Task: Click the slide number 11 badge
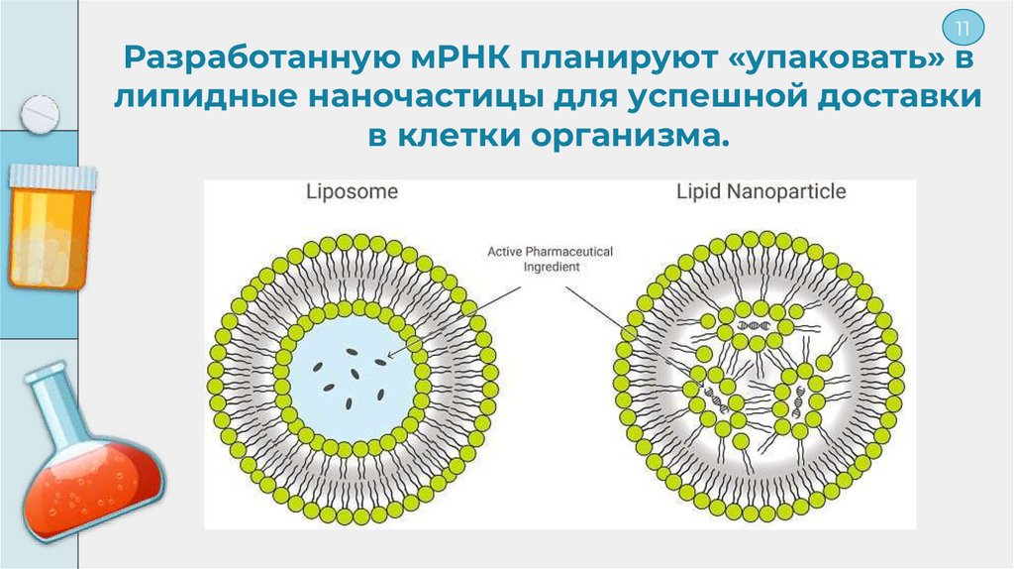pos(961,27)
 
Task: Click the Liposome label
pos(352,190)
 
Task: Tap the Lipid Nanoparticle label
pos(761,190)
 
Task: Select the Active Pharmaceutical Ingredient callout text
pos(550,259)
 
